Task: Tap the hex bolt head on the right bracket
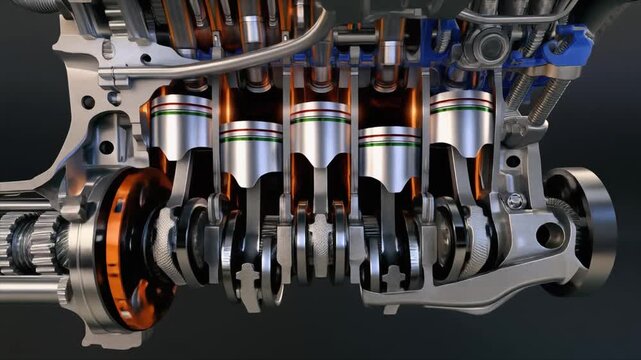pos(514,201)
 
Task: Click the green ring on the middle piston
pos(321,121)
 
